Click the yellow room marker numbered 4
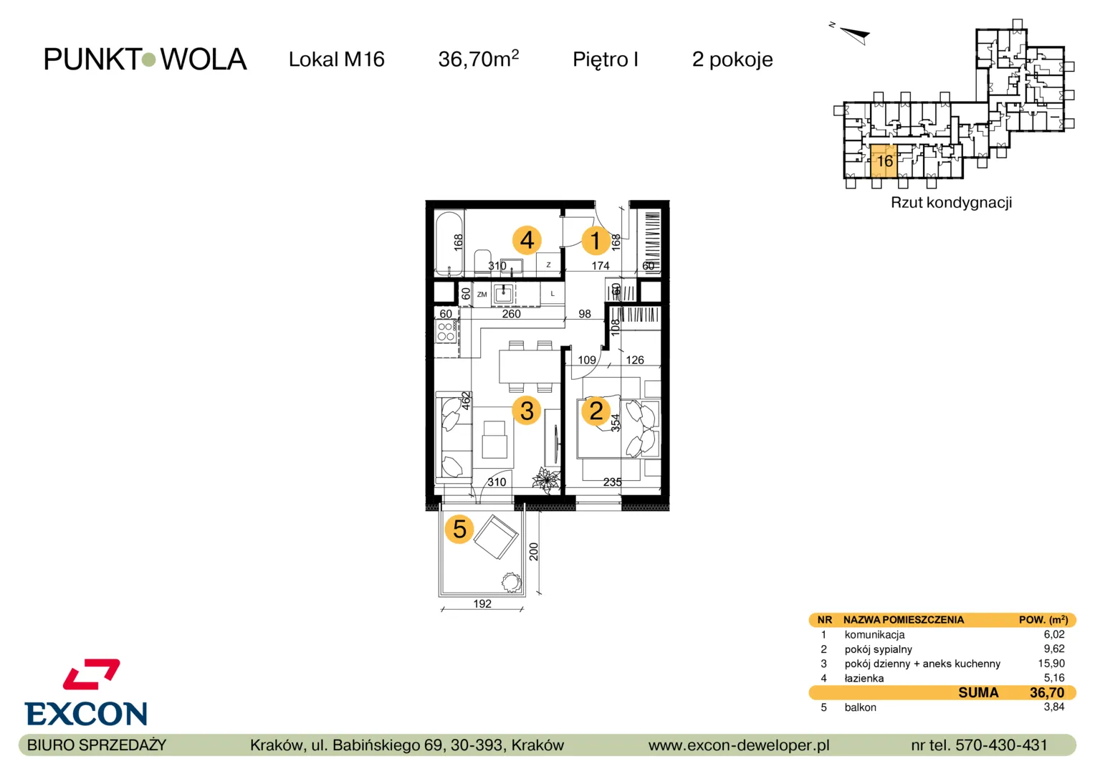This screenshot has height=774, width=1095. (x=527, y=240)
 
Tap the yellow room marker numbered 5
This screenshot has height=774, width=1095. (x=459, y=529)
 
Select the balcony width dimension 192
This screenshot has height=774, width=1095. (x=482, y=604)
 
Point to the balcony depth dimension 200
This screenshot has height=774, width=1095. (x=534, y=552)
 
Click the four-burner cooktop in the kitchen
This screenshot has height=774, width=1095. (x=446, y=331)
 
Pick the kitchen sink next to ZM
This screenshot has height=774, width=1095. (x=503, y=294)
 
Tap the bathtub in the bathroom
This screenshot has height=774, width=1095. (x=449, y=243)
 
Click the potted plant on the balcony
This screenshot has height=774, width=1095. (x=512, y=583)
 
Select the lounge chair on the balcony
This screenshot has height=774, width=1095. (x=496, y=536)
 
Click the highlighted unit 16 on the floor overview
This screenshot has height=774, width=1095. (x=884, y=161)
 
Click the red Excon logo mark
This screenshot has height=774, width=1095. (x=92, y=674)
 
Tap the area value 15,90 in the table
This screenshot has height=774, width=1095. (x=1051, y=664)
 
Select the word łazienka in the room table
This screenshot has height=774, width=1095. (x=864, y=678)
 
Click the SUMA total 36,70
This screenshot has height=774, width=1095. (x=1046, y=692)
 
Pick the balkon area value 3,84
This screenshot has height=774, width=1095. (x=1054, y=707)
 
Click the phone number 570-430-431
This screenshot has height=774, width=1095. (x=1001, y=745)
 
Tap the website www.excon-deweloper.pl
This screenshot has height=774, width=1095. (x=739, y=745)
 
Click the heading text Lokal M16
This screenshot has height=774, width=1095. (x=336, y=59)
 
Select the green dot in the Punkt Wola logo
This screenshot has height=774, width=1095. (x=148, y=59)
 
